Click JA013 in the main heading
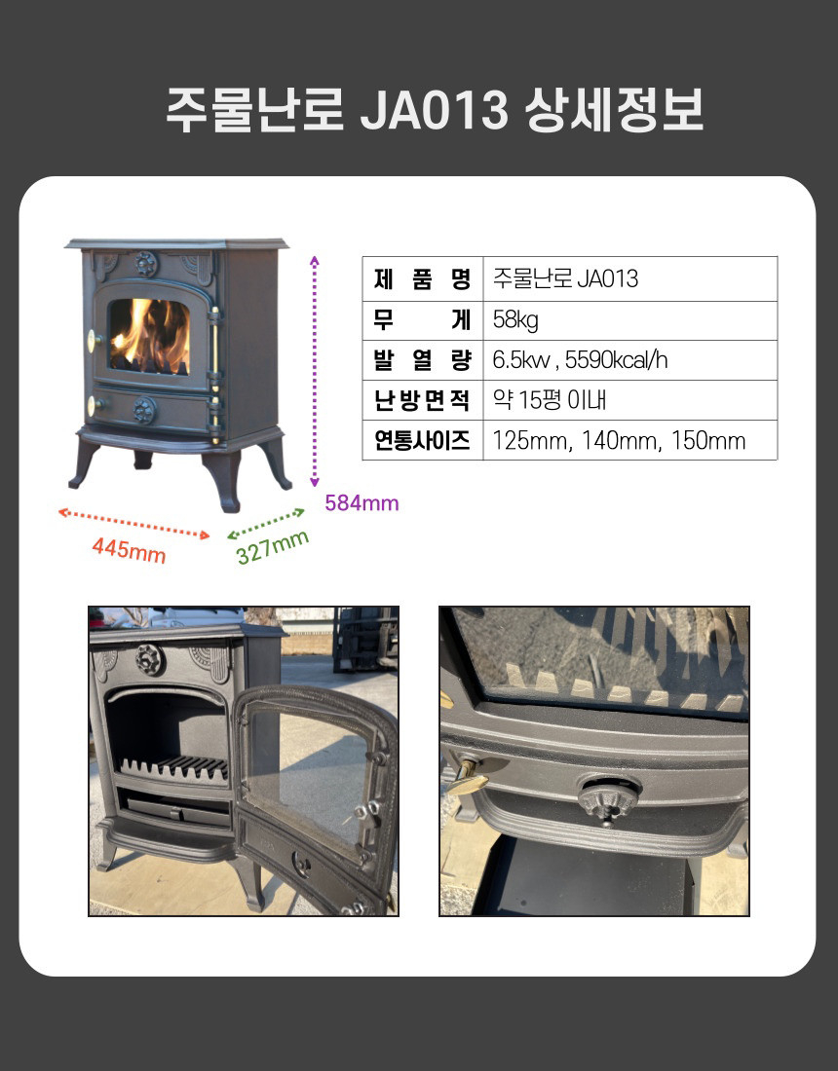pyautogui.click(x=434, y=109)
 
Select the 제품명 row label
pyautogui.click(x=423, y=278)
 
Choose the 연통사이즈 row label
pyautogui.click(x=423, y=440)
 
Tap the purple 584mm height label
pyautogui.click(x=362, y=503)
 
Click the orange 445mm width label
pyautogui.click(x=130, y=548)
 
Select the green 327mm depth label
pyautogui.click(x=273, y=547)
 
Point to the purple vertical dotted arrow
pyautogui.click(x=315, y=371)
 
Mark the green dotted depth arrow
pyautogui.click(x=266, y=524)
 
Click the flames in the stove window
pyautogui.click(x=150, y=336)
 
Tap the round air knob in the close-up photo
pyautogui.click(x=608, y=798)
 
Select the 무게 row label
pyautogui.click(x=423, y=319)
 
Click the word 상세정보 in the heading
pyautogui.click(x=614, y=109)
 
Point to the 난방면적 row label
pyautogui.click(x=423, y=399)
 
